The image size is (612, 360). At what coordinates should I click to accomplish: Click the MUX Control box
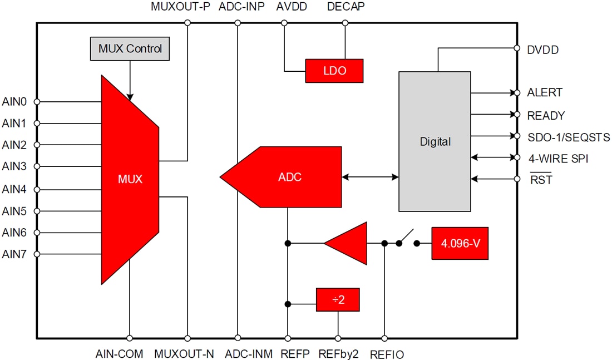(x=130, y=49)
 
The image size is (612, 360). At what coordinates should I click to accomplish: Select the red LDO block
(x=334, y=71)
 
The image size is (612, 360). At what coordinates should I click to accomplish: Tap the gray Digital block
(x=435, y=141)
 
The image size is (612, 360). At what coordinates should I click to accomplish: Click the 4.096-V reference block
(x=460, y=243)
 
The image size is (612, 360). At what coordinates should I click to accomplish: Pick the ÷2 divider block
(x=338, y=300)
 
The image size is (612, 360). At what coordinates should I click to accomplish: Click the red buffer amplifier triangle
(x=349, y=243)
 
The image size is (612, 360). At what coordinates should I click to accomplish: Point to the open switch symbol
(x=408, y=238)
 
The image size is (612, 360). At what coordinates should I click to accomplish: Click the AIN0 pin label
(x=14, y=102)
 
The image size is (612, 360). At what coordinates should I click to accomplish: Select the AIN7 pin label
(x=14, y=254)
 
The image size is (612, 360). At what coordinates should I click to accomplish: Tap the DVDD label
(x=542, y=50)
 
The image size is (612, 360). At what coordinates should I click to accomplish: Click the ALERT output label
(x=545, y=92)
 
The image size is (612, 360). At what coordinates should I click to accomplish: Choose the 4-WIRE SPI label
(x=558, y=159)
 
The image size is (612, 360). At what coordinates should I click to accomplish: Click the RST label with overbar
(x=541, y=180)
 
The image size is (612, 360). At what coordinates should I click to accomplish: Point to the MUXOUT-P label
(x=180, y=8)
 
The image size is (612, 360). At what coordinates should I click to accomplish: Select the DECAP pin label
(x=346, y=8)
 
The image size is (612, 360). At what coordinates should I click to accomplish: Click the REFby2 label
(x=338, y=353)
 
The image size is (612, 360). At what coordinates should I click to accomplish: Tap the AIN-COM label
(x=119, y=353)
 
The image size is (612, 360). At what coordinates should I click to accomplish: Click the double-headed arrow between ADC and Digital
(x=370, y=177)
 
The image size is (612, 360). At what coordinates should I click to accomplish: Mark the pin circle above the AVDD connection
(x=284, y=23)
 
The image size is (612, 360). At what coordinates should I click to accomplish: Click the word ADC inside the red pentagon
(x=289, y=177)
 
